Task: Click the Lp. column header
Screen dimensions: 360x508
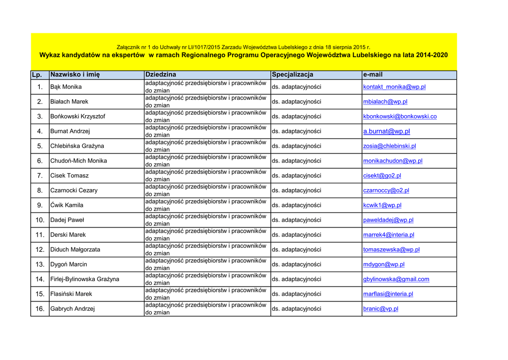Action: pyautogui.click(x=36, y=74)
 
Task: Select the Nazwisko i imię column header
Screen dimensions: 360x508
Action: pyautogui.click(x=75, y=74)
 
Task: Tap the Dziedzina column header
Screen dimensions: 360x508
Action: pyautogui.click(x=160, y=74)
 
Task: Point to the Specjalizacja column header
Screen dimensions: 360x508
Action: pyautogui.click(x=293, y=74)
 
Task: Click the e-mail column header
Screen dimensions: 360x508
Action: pyautogui.click(x=373, y=74)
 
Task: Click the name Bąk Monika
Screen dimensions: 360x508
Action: pyautogui.click(x=66, y=87)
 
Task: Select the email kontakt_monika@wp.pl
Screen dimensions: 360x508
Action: pyautogui.click(x=394, y=87)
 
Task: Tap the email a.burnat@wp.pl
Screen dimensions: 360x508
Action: pyautogui.click(x=386, y=132)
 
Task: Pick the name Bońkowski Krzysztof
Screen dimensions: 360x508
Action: pyautogui.click(x=78, y=117)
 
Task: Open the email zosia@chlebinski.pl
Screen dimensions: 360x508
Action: pyautogui.click(x=389, y=146)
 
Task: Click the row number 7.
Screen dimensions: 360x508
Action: pyautogui.click(x=40, y=176)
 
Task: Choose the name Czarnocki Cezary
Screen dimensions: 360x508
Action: pyautogui.click(x=74, y=190)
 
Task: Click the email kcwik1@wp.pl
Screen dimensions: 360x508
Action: pyautogui.click(x=382, y=205)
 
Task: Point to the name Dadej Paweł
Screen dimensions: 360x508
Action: pyautogui.click(x=67, y=220)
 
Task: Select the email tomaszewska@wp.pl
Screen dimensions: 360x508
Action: pyautogui.click(x=391, y=250)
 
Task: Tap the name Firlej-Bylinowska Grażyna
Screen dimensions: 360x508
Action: pyautogui.click(x=85, y=279)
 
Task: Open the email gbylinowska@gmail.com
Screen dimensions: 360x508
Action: pyautogui.click(x=396, y=279)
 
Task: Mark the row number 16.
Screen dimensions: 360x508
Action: pyautogui.click(x=40, y=309)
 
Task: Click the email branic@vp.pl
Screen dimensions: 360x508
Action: pyautogui.click(x=381, y=309)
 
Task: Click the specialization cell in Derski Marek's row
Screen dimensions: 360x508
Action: pyautogui.click(x=296, y=235)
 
